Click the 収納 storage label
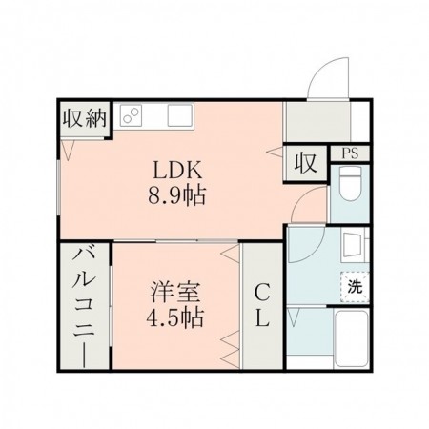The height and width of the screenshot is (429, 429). pyautogui.click(x=84, y=119)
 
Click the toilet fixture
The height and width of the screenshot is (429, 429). pyautogui.click(x=350, y=185)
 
